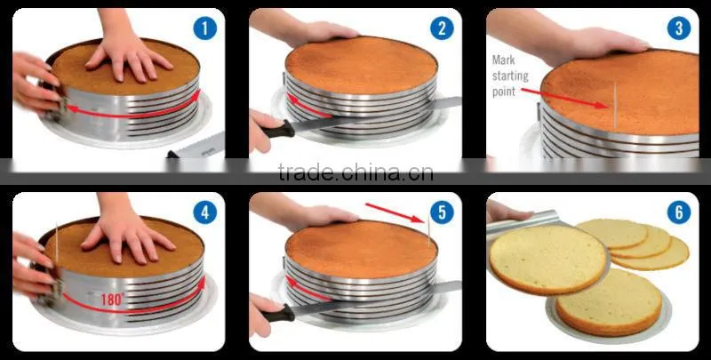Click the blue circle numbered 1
coord(205,28)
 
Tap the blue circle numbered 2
coord(442,28)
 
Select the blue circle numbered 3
coord(679,28)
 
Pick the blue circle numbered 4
coord(205,212)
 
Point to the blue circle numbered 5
coord(442,212)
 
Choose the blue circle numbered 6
coord(679,212)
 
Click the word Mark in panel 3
coord(503,60)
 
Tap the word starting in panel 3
coord(510,76)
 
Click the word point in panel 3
coord(504,92)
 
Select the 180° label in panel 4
coord(113,300)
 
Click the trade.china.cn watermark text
coord(355,172)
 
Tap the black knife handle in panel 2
coord(279,130)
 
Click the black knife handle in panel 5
coord(279,313)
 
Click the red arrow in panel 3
coord(564,98)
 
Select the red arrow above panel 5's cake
coord(395,212)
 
